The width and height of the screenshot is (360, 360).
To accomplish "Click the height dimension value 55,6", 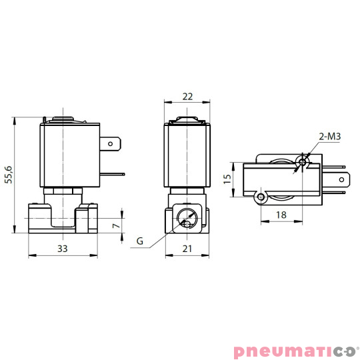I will pyautogui.click(x=9, y=175).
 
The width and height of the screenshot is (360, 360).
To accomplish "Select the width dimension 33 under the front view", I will pyautogui.click(x=61, y=248).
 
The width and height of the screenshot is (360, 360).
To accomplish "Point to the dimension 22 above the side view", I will pyautogui.click(x=187, y=97).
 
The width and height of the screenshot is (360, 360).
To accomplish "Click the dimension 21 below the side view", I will pyautogui.click(x=187, y=248).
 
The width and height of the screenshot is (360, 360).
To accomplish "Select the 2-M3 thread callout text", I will pyautogui.click(x=330, y=137).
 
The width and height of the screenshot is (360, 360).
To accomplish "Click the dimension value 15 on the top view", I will pyautogui.click(x=227, y=179).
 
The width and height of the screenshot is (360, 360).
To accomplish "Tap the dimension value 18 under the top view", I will pyautogui.click(x=281, y=215).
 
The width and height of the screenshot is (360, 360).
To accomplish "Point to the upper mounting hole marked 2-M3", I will pyautogui.click(x=303, y=161).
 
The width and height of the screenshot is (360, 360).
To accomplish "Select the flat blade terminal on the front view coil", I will pyautogui.click(x=111, y=143).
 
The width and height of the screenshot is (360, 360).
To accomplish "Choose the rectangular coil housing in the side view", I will pyautogui.click(x=187, y=155).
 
